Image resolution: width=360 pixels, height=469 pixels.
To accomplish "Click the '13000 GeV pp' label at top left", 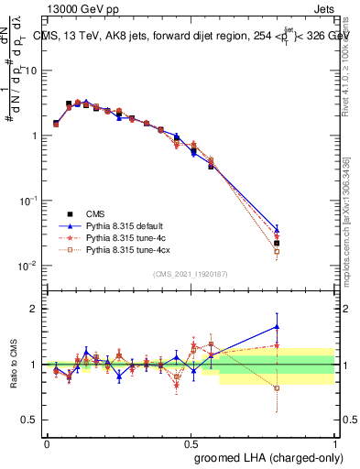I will click(75, 8).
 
